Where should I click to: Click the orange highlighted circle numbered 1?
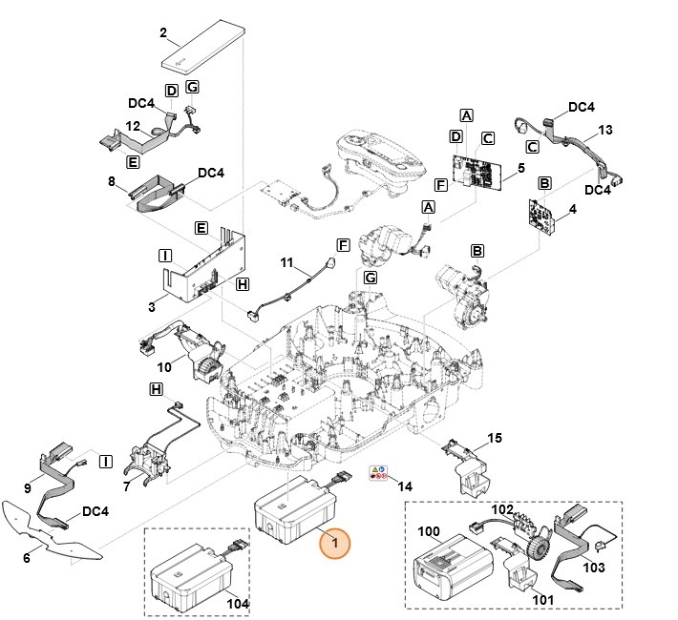(334, 543)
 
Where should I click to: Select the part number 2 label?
(163, 33)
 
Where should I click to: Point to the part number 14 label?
(405, 486)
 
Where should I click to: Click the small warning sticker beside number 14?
(379, 473)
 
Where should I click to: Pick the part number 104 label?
(236, 605)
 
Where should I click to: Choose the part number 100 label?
(429, 529)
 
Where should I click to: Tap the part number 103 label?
(594, 568)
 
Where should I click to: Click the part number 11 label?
(286, 260)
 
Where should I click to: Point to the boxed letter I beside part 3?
(164, 256)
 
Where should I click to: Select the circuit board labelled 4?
(542, 217)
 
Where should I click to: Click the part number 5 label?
(520, 168)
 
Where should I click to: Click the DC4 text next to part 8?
(211, 174)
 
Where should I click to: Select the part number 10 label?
(164, 367)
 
